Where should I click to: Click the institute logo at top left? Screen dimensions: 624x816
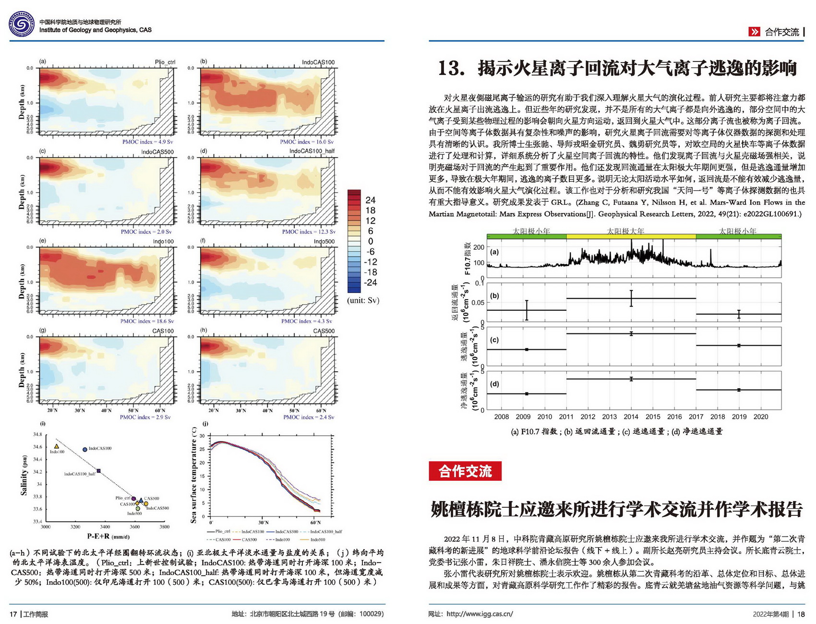point(22,24)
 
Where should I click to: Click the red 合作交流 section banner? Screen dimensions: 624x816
point(465,471)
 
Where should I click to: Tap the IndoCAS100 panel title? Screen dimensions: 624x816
point(318,62)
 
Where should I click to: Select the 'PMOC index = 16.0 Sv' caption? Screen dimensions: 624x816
point(307,142)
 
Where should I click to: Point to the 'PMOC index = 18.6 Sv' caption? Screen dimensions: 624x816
point(147,321)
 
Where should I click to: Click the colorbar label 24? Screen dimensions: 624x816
point(371,200)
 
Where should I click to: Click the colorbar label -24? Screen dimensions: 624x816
point(371,282)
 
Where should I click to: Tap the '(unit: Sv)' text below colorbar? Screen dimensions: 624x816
point(363,301)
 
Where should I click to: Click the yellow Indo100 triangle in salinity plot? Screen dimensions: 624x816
point(57,447)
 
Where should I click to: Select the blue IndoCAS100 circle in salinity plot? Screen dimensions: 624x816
point(85,450)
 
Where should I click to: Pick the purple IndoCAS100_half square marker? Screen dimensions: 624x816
point(98,471)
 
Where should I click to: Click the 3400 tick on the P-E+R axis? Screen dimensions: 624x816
point(105,527)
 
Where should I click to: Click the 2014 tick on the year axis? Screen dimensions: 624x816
point(631,417)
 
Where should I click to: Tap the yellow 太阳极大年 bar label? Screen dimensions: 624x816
point(625,232)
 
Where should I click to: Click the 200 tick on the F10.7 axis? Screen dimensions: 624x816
point(479,247)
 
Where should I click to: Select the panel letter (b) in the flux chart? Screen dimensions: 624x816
point(494,296)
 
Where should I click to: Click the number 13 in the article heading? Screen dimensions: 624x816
point(450,68)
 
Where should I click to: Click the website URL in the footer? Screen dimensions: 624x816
point(480,614)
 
